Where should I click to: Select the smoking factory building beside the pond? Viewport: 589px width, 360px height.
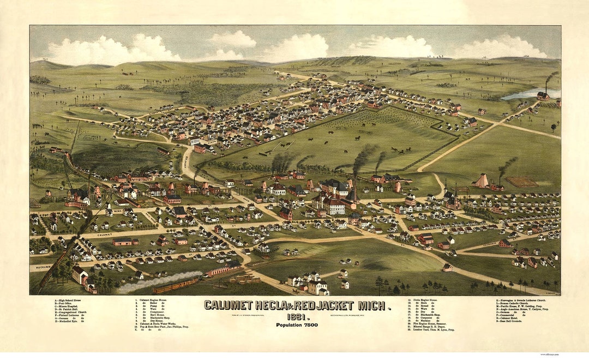[x=543, y=96]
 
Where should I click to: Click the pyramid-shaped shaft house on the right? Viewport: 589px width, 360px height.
[x=481, y=181]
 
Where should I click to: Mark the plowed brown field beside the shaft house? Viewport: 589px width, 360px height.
[x=520, y=181]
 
